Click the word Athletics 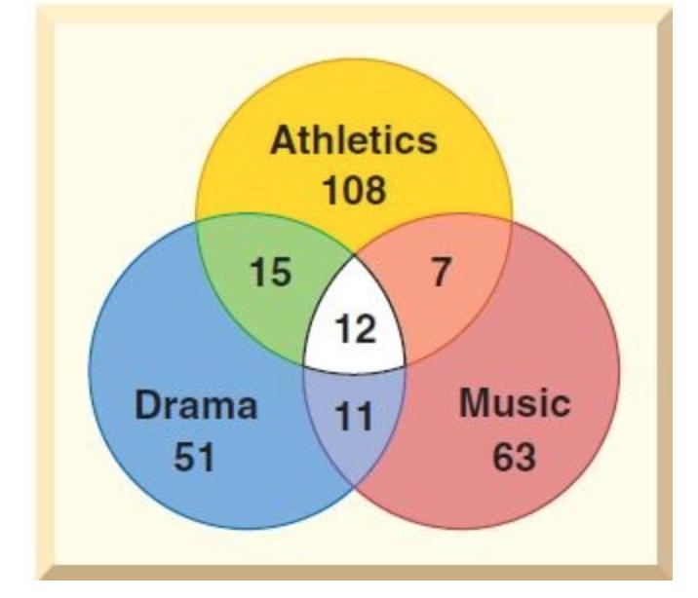[354, 140]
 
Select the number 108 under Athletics [355, 190]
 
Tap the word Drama [196, 404]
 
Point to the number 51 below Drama [194, 457]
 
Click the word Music [515, 403]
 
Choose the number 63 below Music [514, 457]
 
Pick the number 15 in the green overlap [271, 272]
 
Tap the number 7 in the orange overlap [441, 271]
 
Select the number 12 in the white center [355, 328]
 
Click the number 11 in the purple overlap [354, 416]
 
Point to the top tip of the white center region [355, 256]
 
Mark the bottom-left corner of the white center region [304, 365]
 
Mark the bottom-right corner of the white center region [406, 365]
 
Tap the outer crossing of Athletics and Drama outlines [196, 221]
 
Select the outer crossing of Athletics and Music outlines [512, 221]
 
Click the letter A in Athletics [284, 140]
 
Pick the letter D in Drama [147, 404]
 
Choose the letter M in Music [475, 403]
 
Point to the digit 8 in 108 [376, 190]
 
